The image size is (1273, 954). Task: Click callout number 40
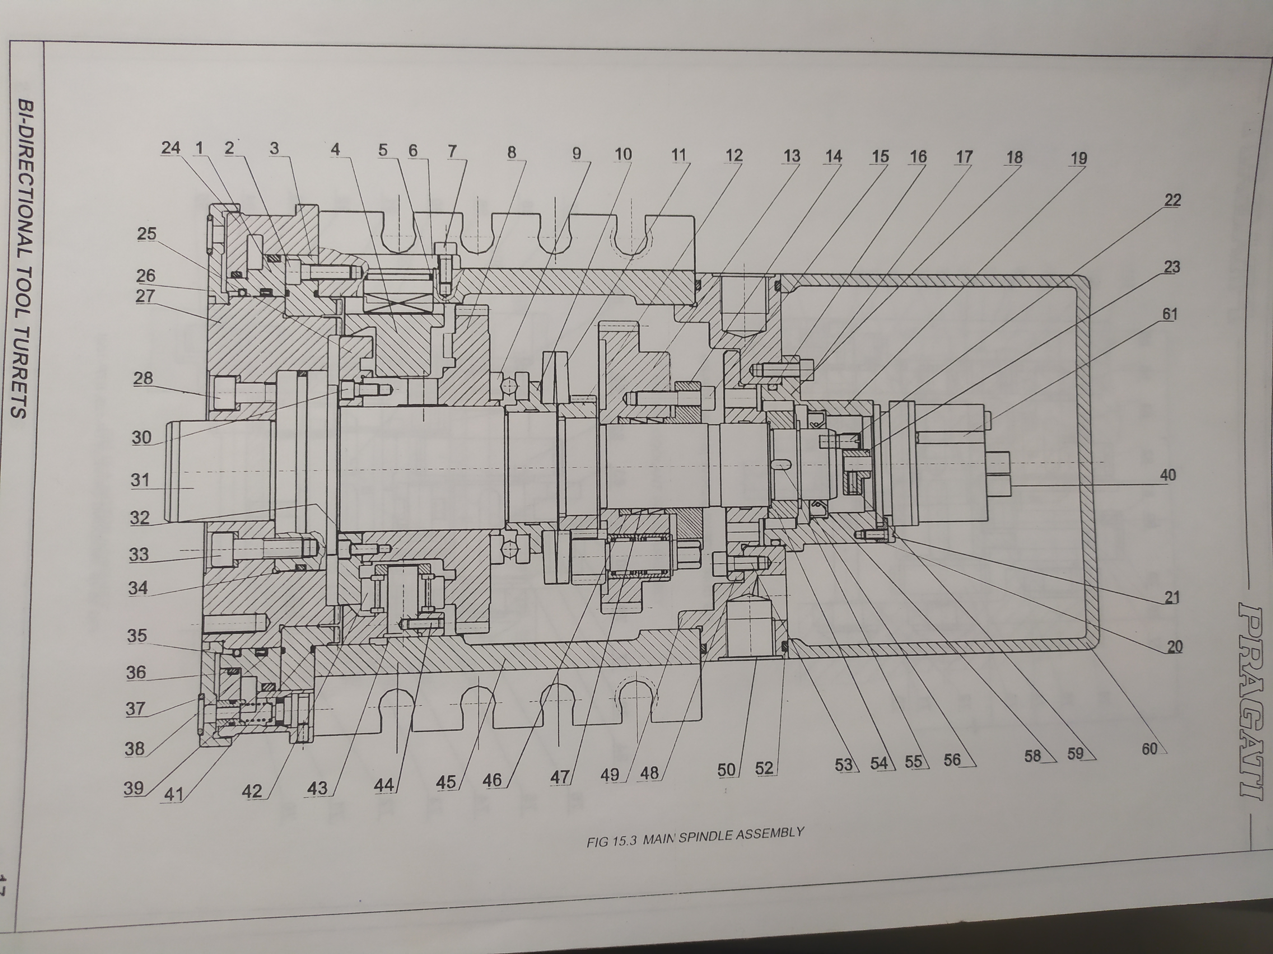(x=1168, y=475)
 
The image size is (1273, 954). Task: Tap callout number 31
(x=140, y=480)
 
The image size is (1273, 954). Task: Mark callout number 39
(x=134, y=788)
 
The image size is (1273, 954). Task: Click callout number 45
(x=446, y=782)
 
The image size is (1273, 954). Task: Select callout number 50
(x=726, y=770)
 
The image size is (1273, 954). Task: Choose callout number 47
(x=559, y=778)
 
